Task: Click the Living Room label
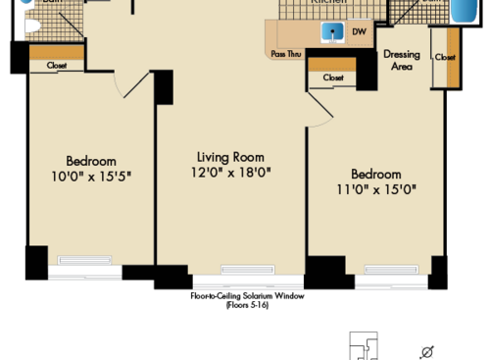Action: pyautogui.click(x=230, y=156)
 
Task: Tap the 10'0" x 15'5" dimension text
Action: pyautogui.click(x=91, y=178)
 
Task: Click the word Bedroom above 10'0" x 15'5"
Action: pyautogui.click(x=91, y=161)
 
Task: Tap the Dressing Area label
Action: pyautogui.click(x=402, y=61)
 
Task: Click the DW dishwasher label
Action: pyautogui.click(x=359, y=31)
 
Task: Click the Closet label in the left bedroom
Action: pyautogui.click(x=57, y=65)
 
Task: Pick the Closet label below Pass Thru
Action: pyautogui.click(x=333, y=77)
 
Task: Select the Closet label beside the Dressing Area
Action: pyautogui.click(x=446, y=58)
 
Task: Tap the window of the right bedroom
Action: pyautogui.click(x=390, y=270)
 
